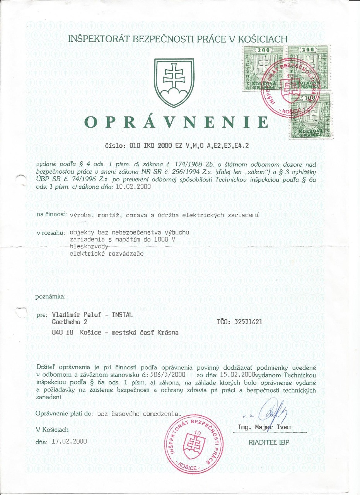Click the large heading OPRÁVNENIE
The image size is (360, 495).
[x=176, y=122]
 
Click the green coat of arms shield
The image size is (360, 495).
[x=172, y=83]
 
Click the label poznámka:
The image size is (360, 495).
[x=50, y=297]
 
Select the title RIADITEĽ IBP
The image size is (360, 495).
[x=268, y=442]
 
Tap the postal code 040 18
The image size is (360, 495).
[x=63, y=332]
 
